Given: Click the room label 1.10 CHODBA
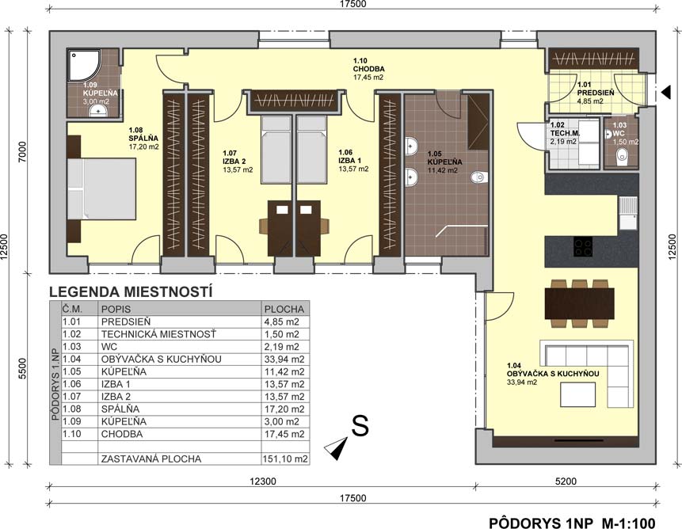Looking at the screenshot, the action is (x=368, y=69).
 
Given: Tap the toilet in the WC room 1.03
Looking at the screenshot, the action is (x=623, y=157).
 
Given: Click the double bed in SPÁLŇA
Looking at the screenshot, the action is (x=101, y=188).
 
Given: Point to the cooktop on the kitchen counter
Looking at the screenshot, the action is (x=582, y=246).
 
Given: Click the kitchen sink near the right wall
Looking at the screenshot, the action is (x=627, y=213).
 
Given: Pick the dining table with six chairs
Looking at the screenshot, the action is (x=579, y=303).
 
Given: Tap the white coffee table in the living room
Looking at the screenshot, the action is (x=577, y=394).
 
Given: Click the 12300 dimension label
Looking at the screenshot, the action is (x=263, y=481).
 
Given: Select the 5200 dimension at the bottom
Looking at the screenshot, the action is (x=566, y=481).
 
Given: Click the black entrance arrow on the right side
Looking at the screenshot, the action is (x=665, y=92).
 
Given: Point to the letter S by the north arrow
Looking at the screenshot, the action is (x=360, y=425).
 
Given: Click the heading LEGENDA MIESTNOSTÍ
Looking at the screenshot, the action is (x=131, y=291).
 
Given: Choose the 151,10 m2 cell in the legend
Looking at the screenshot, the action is (x=285, y=459).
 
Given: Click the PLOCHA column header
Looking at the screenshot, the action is (x=284, y=309).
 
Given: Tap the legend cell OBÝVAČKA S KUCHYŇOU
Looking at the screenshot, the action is (x=162, y=360).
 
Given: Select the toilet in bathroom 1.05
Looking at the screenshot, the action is (x=479, y=177).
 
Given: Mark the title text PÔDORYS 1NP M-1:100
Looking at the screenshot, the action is (x=572, y=522).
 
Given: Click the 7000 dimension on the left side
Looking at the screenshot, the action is (x=23, y=151).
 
